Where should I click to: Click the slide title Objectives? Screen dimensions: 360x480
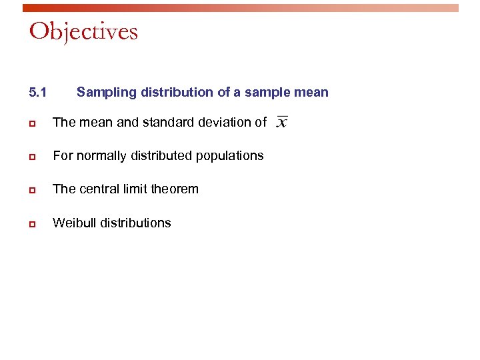click(x=83, y=31)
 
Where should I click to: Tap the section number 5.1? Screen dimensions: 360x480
click(x=38, y=92)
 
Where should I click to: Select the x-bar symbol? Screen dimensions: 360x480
click(x=282, y=123)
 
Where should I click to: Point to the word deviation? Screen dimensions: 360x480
click(x=228, y=122)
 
